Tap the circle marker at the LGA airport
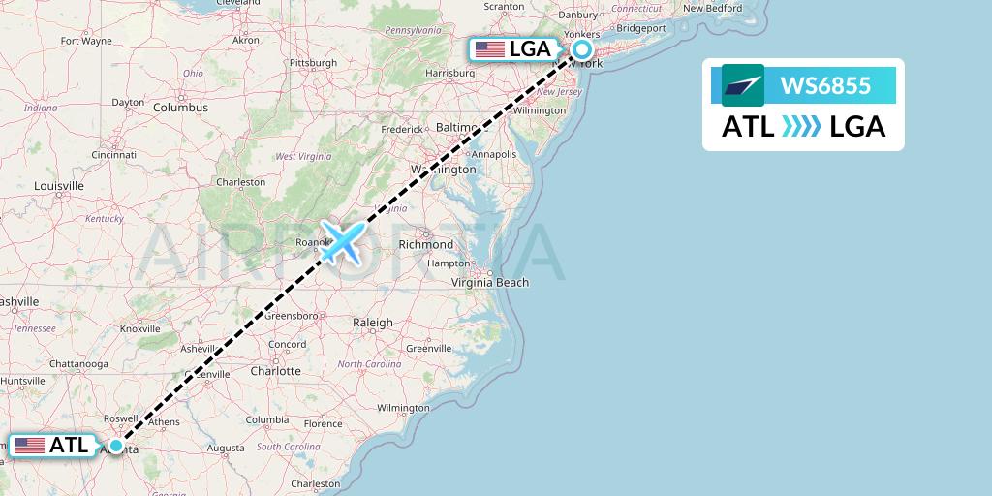[582, 49]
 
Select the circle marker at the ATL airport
[116, 446]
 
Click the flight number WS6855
[825, 86]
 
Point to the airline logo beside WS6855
[743, 85]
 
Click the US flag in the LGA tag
[490, 49]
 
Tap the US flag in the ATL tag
[30, 446]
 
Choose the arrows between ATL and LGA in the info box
[801, 126]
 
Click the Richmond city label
[425, 245]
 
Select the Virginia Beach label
[490, 283]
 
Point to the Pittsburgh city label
[312, 63]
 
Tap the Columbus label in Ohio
[180, 108]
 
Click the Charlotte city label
[275, 371]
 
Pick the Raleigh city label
[373, 323]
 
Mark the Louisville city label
[59, 185]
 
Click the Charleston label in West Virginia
[240, 182]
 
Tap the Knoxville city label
[139, 329]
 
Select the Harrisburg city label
[449, 73]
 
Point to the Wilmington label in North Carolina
[403, 408]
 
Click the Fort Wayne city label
[86, 42]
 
